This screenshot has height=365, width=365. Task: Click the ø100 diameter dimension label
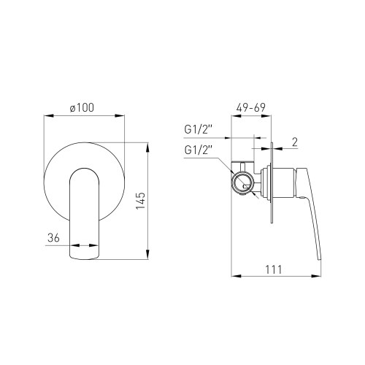85,107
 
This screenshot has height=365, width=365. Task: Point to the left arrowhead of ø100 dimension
47,115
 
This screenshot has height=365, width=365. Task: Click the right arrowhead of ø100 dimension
123,115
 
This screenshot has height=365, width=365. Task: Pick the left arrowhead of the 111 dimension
233,277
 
